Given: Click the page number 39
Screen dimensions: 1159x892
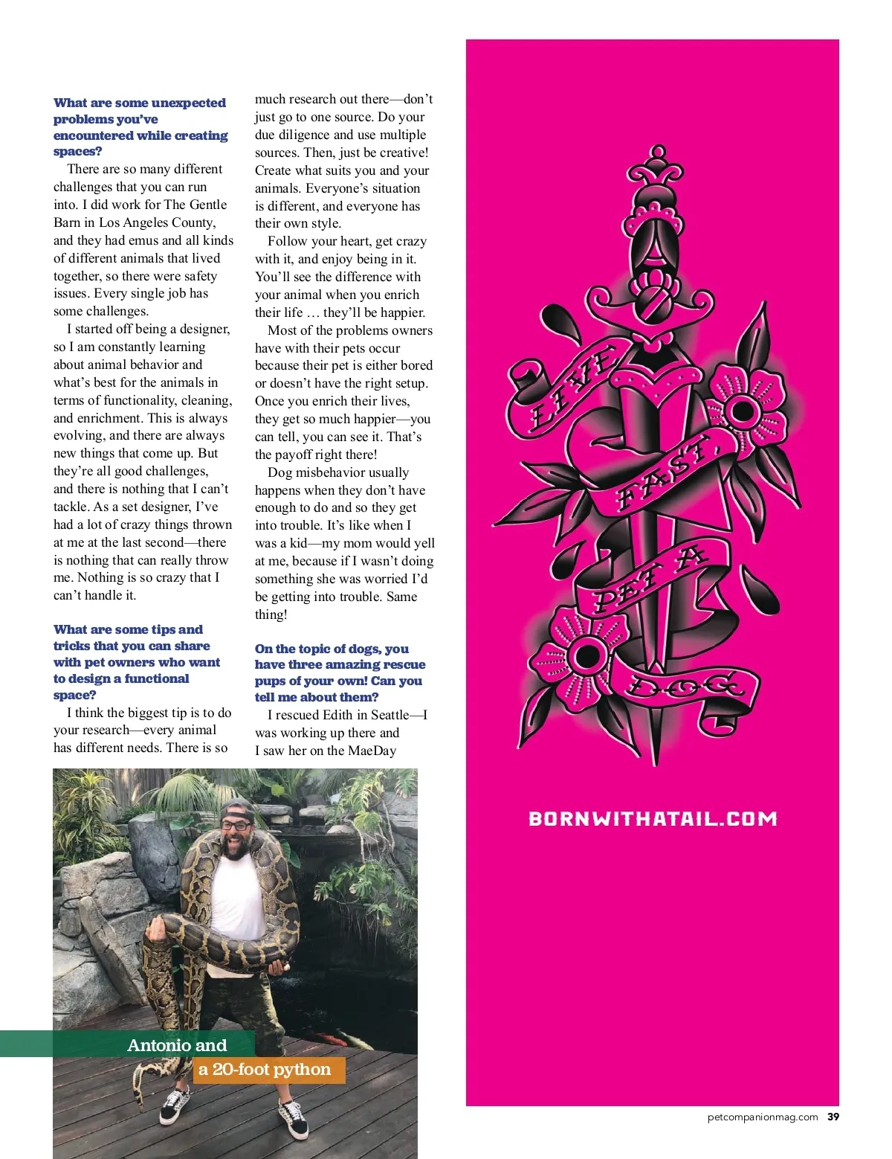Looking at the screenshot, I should tap(833, 1117).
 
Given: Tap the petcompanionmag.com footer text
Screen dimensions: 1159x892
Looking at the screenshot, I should tap(763, 1117).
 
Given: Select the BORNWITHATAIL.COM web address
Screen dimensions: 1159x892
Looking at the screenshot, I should tap(653, 819).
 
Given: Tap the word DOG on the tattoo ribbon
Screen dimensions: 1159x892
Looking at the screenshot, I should tap(682, 685).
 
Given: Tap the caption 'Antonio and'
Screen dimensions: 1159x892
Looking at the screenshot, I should tap(177, 1045).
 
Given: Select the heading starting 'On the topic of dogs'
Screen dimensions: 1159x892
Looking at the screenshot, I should tap(340, 672).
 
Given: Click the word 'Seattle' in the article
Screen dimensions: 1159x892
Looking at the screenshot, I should tap(390, 715).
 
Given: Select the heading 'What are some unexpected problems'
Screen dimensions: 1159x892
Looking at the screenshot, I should tap(140, 126).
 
